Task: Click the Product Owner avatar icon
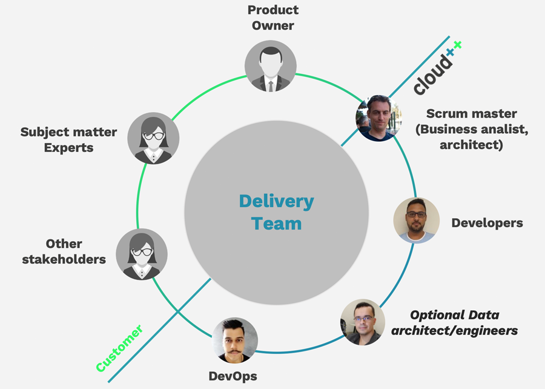[x=271, y=66]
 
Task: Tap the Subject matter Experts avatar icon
[x=153, y=138]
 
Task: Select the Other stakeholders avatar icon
[x=141, y=254]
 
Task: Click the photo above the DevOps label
[x=235, y=341]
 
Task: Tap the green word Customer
[x=119, y=348]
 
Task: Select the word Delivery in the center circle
[x=276, y=201]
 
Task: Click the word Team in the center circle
[x=276, y=223]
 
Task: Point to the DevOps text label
[x=233, y=376]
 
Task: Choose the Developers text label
[x=487, y=223]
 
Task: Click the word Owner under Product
[x=273, y=26]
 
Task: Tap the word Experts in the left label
[x=68, y=147]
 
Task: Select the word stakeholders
[x=64, y=259]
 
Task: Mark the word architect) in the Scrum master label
[x=471, y=145]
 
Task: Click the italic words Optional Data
[x=455, y=315]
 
